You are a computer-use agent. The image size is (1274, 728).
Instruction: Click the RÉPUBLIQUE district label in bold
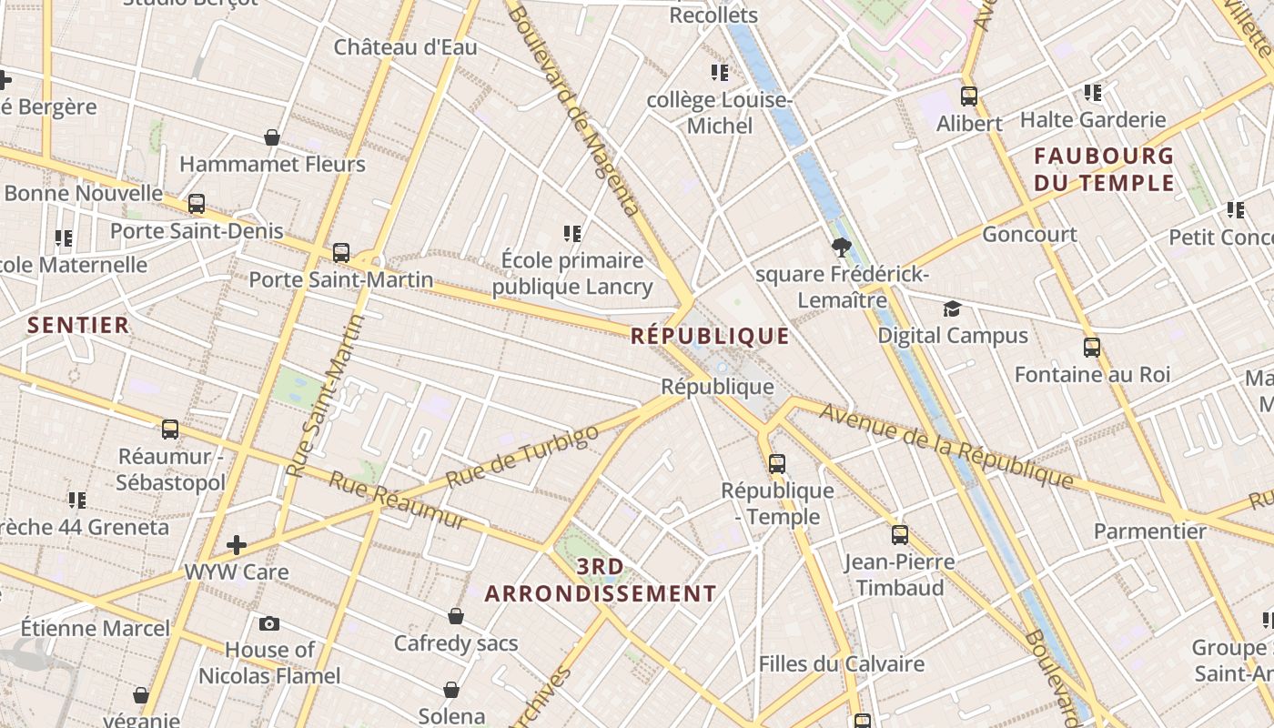point(710,336)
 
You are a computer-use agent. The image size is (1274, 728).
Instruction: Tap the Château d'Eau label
point(405,47)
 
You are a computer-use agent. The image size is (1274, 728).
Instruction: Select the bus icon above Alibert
point(969,96)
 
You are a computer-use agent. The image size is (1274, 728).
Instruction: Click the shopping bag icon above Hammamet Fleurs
point(272,137)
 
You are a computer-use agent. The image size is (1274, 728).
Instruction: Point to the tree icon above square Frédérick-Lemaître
point(841,246)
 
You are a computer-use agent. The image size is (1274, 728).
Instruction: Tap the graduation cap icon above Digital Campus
point(952,308)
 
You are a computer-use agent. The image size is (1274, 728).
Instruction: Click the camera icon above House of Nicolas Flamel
point(269,623)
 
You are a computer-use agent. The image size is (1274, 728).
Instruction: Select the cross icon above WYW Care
point(237,545)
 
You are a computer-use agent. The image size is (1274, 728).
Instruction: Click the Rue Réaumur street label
point(398,500)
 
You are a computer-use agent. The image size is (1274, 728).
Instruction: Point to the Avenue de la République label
point(946,445)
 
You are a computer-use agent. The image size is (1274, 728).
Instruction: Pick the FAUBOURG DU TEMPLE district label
point(1104,169)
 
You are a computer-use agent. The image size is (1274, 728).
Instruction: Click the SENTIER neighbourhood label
point(78,325)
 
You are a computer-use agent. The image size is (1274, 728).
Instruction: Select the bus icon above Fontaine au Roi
point(1092,348)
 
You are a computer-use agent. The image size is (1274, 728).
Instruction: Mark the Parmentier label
point(1149,531)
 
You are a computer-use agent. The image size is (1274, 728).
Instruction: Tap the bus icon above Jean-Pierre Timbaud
point(900,535)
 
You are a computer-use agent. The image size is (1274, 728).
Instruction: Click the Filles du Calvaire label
point(842,664)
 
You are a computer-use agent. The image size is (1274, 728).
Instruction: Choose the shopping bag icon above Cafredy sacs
point(456,617)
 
